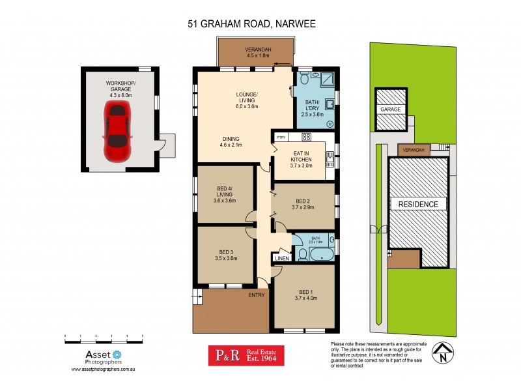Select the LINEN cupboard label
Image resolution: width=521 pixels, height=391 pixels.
pos(282,259)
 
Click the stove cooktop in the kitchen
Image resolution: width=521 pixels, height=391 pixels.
pos(307,138)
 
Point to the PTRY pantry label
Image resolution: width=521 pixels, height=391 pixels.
pos(281,138)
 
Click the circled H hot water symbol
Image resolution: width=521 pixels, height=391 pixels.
pos(330,124)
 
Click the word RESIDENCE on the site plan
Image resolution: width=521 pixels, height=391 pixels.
pos(418,204)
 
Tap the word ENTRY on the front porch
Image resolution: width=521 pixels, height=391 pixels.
pos(257,295)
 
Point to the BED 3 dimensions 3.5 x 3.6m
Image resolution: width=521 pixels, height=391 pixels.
pos(226,258)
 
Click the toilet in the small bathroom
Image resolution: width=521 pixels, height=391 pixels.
pos(302,252)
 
